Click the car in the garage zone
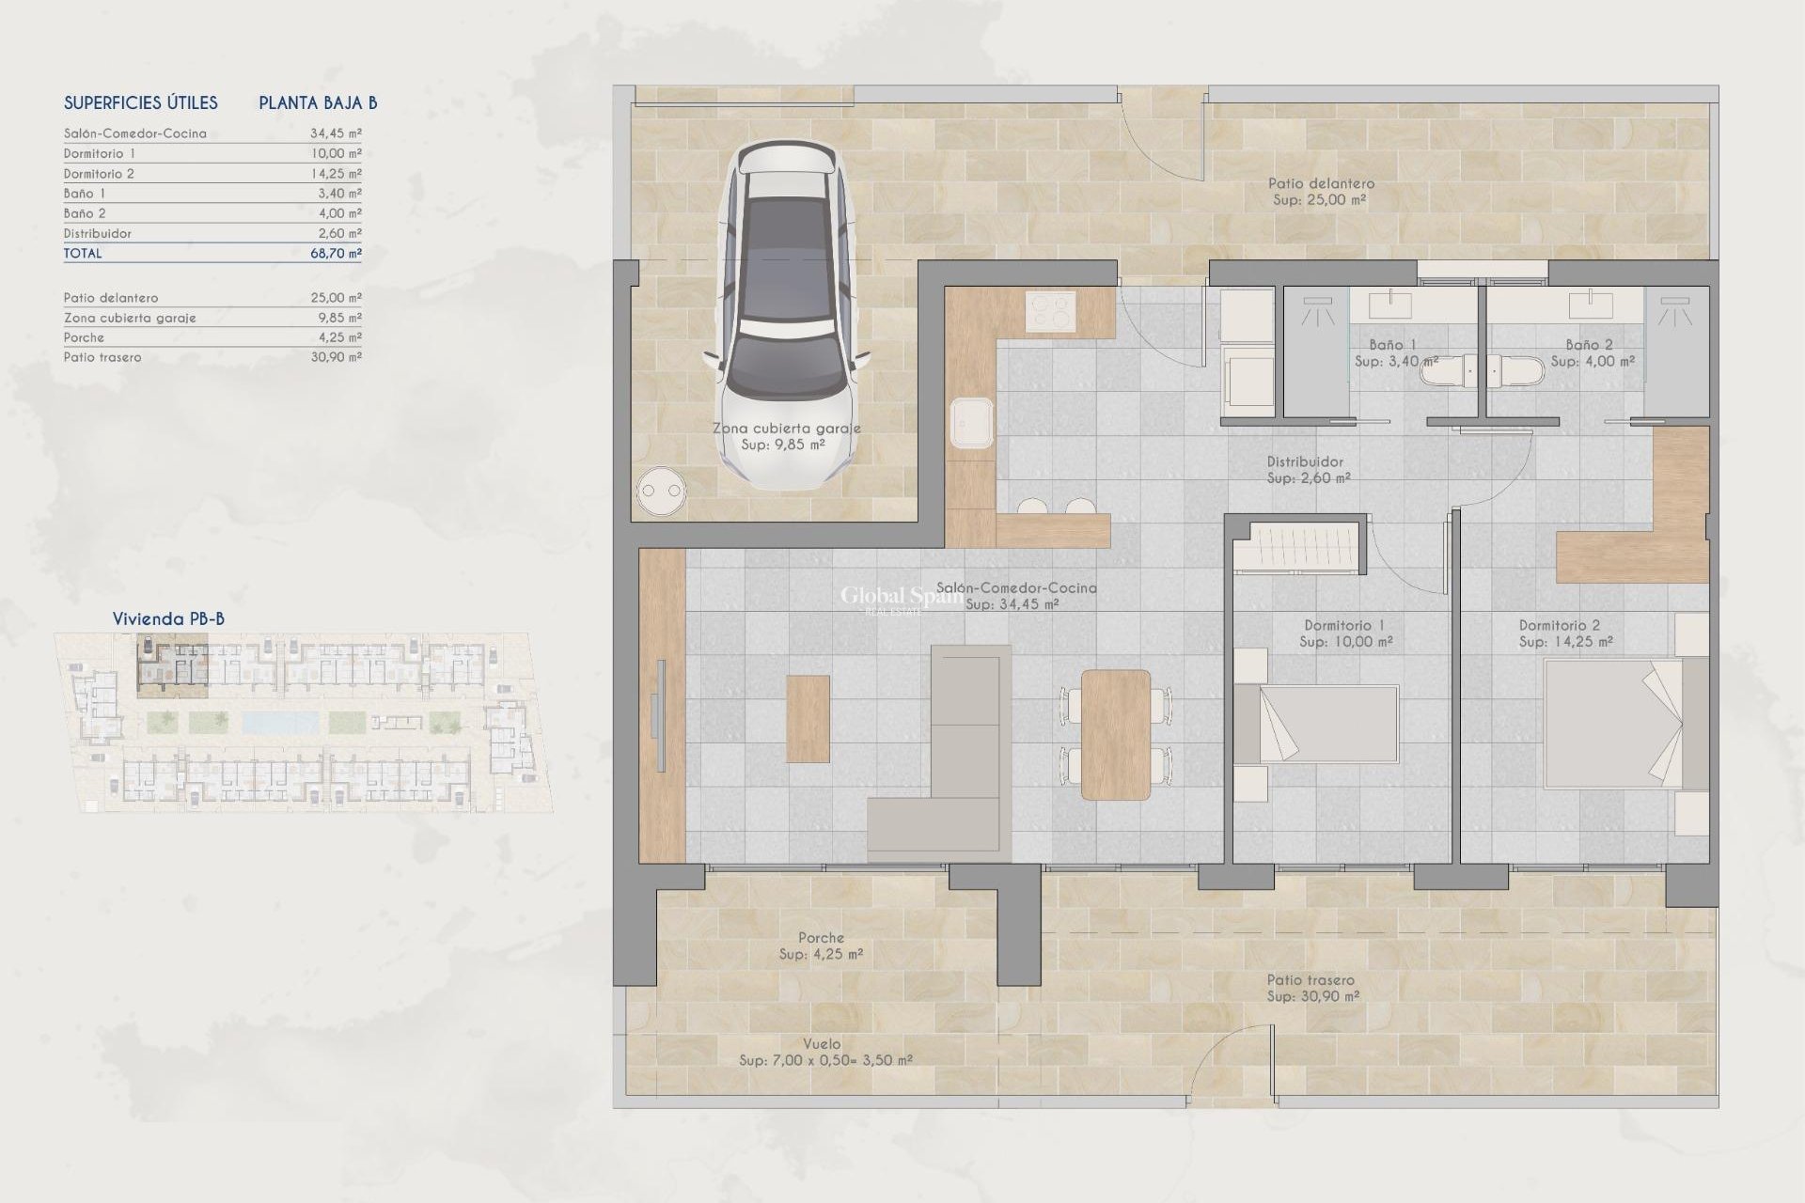[x=787, y=315]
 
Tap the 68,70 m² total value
[x=336, y=253]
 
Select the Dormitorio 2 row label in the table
[x=99, y=174]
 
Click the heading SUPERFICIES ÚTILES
[x=141, y=103]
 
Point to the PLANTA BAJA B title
[x=318, y=103]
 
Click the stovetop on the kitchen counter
[x=1050, y=311]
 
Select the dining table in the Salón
[x=1116, y=734]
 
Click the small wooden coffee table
[x=808, y=718]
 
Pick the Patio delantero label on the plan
[x=1320, y=184]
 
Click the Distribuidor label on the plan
[x=1305, y=462]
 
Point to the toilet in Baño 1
[x=1447, y=373]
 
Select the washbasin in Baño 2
[x=1591, y=305]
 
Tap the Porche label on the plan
[x=821, y=938]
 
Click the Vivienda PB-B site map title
[x=168, y=618]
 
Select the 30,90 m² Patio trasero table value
[x=336, y=357]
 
